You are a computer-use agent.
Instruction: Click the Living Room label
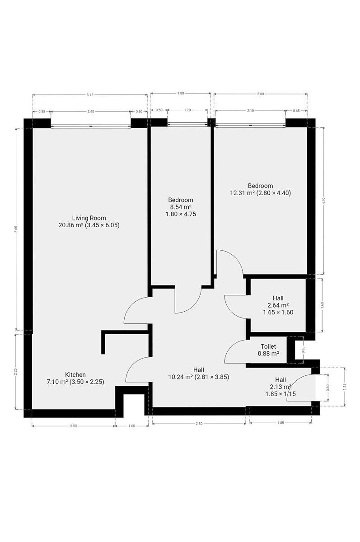coord(89,218)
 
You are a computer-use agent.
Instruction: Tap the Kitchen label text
coord(75,375)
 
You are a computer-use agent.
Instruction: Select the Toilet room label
coord(268,346)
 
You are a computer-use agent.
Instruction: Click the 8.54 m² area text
coord(181,207)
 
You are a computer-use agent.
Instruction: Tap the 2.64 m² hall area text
coord(278,305)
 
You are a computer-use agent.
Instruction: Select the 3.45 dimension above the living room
coord(90,95)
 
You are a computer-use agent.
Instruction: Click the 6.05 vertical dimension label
coord(16,229)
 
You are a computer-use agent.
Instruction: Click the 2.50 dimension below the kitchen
coord(73,426)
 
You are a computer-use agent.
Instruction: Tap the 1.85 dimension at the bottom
coord(281,423)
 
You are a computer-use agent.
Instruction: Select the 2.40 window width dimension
coord(91,112)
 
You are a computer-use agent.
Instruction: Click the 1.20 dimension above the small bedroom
coord(187,110)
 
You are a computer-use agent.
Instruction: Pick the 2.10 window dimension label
coord(250,111)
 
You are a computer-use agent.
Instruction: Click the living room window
coord(91,126)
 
